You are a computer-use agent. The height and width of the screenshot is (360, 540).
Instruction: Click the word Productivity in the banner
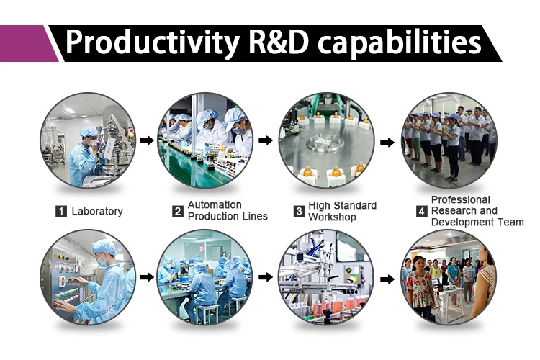pyautogui.click(x=152, y=42)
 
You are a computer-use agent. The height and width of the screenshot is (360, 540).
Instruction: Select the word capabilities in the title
pyautogui.click(x=399, y=42)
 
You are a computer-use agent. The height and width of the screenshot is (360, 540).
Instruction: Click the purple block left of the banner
pyautogui.click(x=27, y=43)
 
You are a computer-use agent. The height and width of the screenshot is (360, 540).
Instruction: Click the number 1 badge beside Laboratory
pyautogui.click(x=61, y=211)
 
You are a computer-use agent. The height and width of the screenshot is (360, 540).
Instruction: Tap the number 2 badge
pyautogui.click(x=177, y=211)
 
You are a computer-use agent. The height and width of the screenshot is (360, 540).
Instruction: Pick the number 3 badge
pyautogui.click(x=299, y=211)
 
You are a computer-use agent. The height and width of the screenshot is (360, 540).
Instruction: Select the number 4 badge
pyautogui.click(x=421, y=211)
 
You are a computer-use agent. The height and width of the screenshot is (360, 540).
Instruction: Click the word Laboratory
pyautogui.click(x=97, y=211)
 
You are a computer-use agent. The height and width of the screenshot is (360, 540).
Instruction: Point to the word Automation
pyautogui.click(x=215, y=204)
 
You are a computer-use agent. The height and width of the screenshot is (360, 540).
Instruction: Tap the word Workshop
pyautogui.click(x=332, y=217)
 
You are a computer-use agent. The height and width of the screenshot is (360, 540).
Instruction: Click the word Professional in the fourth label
pyautogui.click(x=461, y=200)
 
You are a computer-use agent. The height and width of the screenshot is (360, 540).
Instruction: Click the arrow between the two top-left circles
pyautogui.click(x=147, y=140)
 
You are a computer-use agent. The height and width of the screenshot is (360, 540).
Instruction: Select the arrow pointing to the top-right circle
pyautogui.click(x=387, y=142)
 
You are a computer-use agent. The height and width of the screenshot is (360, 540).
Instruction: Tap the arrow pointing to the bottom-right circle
pyautogui.click(x=387, y=279)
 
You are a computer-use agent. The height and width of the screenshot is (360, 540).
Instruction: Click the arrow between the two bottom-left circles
pyautogui.click(x=147, y=277)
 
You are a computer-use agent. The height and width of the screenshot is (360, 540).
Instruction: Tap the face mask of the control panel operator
pyautogui.click(x=102, y=261)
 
